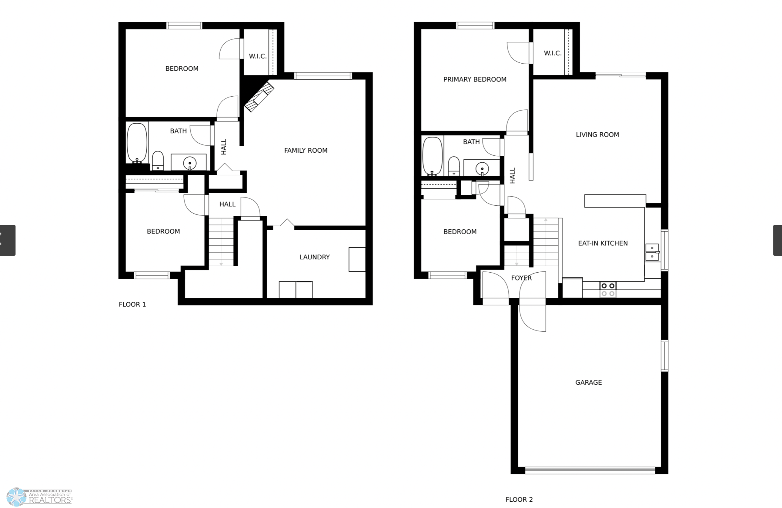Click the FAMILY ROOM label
pyautogui.click(x=306, y=150)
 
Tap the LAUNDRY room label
pyautogui.click(x=314, y=257)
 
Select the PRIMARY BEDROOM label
pyautogui.click(x=475, y=79)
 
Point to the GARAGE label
pyautogui.click(x=588, y=382)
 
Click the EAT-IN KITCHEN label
pyautogui.click(x=603, y=243)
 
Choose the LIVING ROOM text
pyautogui.click(x=597, y=135)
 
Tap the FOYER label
pyautogui.click(x=521, y=278)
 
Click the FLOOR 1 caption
pyautogui.click(x=132, y=305)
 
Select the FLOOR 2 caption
pyautogui.click(x=519, y=500)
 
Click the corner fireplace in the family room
pyautogui.click(x=259, y=97)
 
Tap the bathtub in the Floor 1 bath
pyautogui.click(x=137, y=143)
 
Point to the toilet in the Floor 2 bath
pyautogui.click(x=454, y=166)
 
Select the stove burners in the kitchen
pyautogui.click(x=608, y=290)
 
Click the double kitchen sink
pyautogui.click(x=652, y=252)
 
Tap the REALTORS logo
pyautogui.click(x=40, y=497)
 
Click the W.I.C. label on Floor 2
pyautogui.click(x=553, y=53)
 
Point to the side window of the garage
pyautogui.click(x=665, y=356)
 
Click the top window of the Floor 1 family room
pyautogui.click(x=323, y=76)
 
